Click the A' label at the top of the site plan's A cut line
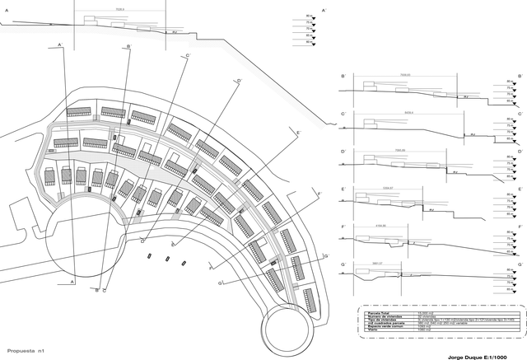[x=60, y=44]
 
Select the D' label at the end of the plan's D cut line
[x=239, y=81]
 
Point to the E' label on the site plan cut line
[x=298, y=132]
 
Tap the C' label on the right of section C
[x=519, y=113]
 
